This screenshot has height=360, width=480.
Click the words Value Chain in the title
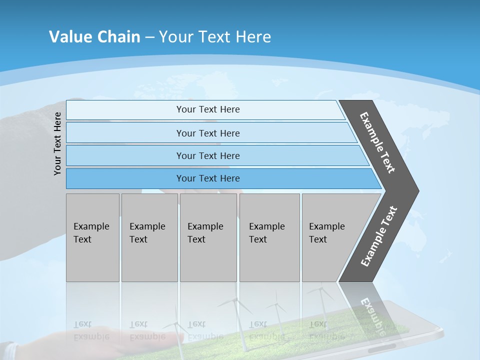94,37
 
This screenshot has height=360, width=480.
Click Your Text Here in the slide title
215,37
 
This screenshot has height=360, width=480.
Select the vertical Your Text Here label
57,143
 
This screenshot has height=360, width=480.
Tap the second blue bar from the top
207,133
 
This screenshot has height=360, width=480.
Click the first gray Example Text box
92,237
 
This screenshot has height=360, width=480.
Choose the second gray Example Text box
149,237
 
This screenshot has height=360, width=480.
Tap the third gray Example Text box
208,237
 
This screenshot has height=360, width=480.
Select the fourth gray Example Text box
269,237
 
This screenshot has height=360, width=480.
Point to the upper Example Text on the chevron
377,142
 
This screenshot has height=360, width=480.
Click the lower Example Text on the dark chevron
378,236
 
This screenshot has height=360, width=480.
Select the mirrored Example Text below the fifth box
326,330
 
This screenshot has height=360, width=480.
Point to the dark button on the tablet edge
382,346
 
